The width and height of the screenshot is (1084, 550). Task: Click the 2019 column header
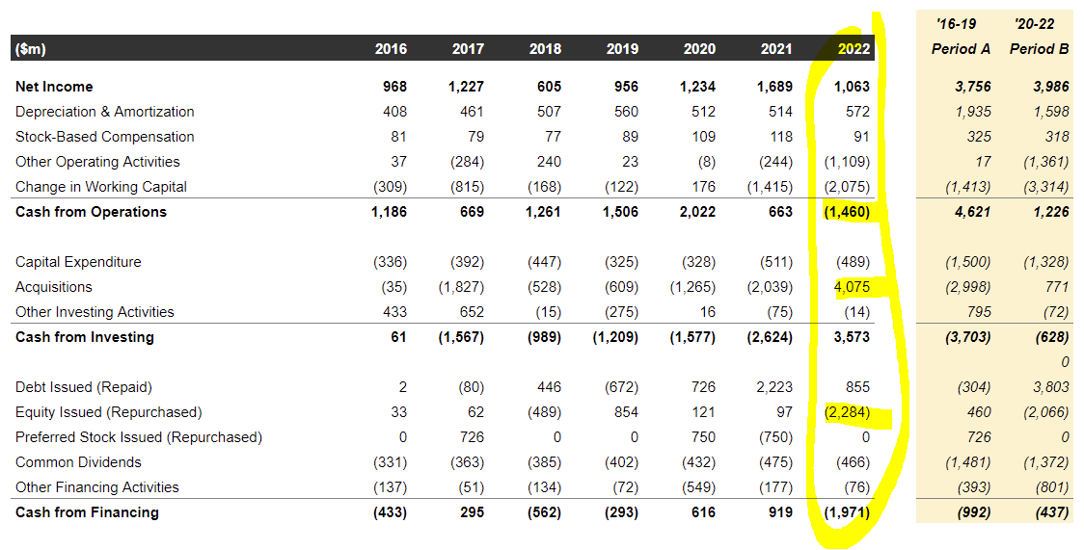[622, 49]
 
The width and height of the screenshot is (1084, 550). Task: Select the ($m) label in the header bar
[31, 49]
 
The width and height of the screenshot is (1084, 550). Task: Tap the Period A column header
[961, 49]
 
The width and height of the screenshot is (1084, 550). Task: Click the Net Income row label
[54, 87]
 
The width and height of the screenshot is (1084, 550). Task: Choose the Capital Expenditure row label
[78, 262]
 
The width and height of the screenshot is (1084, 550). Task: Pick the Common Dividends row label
[79, 462]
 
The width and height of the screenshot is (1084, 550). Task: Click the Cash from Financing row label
[87, 512]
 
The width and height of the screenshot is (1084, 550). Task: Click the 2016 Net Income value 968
[393, 87]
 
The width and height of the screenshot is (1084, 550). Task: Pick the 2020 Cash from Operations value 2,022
[697, 212]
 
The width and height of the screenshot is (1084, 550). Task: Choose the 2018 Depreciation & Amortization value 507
[548, 112]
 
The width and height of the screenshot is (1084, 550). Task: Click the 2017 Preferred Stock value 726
[471, 437]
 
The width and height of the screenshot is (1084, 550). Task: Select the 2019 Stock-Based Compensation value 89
[629, 137]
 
